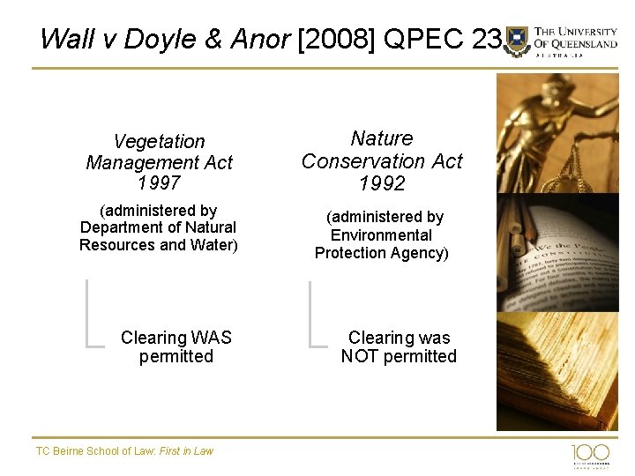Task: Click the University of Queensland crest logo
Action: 518,41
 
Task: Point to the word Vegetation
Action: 159,142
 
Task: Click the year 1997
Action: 159,182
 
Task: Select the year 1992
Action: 382,183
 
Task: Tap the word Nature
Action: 382,138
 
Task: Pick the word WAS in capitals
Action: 212,338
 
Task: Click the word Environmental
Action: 381,234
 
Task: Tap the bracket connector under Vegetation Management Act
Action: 93,313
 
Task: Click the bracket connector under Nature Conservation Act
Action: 316,313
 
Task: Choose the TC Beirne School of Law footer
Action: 124,450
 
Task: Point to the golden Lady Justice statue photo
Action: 557,132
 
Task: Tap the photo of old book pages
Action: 557,370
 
